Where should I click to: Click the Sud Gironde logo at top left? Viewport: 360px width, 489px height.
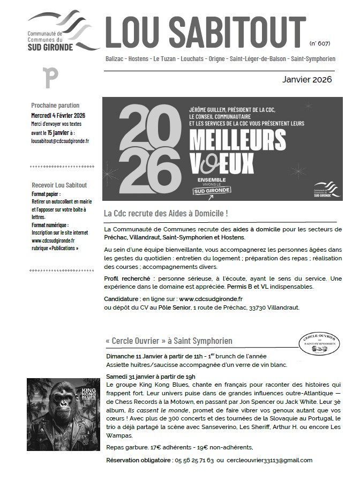(x=63, y=32)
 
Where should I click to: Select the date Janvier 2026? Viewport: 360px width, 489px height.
(x=307, y=80)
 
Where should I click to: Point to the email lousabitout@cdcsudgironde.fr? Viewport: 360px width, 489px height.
(x=60, y=141)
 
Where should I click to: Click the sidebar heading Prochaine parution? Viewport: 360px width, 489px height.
(x=55, y=106)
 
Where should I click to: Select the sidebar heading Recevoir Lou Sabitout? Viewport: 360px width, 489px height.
(x=59, y=185)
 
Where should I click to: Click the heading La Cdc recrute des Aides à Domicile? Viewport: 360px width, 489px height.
(x=166, y=214)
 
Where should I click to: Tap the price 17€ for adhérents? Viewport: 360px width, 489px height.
(x=156, y=447)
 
